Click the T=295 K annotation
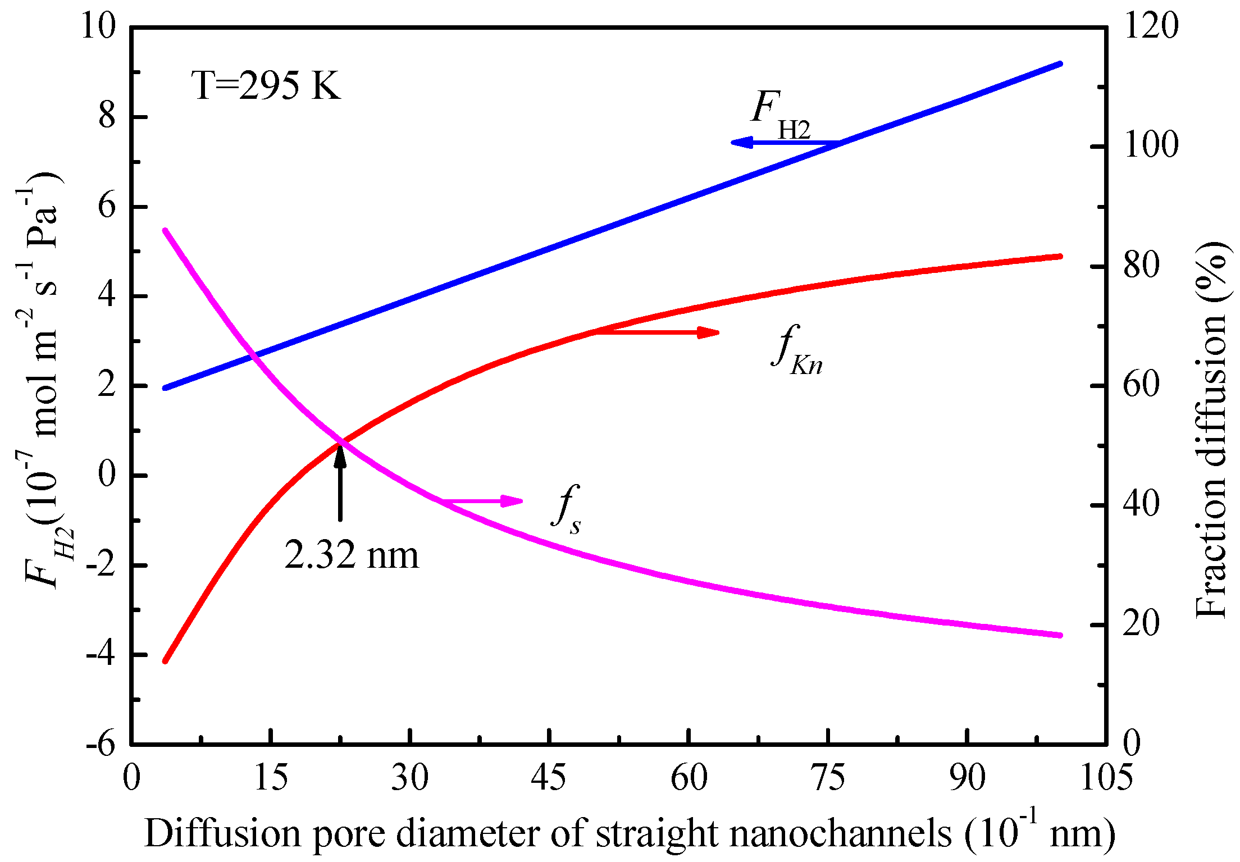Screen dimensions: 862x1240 point(266,86)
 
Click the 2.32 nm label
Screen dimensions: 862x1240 point(352,556)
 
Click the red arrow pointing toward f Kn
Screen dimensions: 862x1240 point(656,332)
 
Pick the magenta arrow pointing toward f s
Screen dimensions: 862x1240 point(483,500)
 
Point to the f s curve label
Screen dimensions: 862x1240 point(566,508)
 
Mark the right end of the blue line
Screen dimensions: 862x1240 point(1060,64)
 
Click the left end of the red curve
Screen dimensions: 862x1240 point(165,661)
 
